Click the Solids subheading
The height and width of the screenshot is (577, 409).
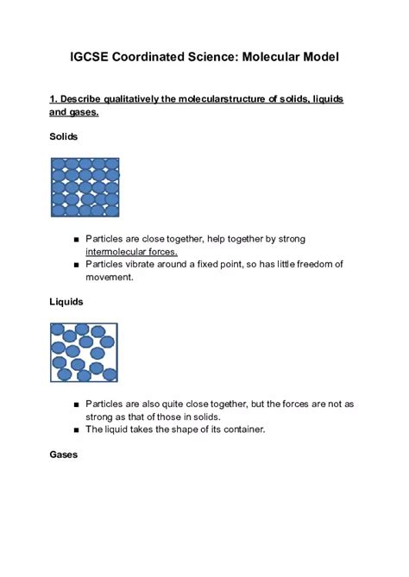point(64,137)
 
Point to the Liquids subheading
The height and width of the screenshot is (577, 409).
point(66,302)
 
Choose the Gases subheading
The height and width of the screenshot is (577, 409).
point(64,455)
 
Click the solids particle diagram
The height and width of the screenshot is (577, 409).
point(85,186)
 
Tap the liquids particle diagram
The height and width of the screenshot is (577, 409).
point(84,353)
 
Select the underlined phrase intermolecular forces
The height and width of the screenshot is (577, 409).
point(131,252)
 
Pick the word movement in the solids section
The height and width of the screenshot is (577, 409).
point(110,277)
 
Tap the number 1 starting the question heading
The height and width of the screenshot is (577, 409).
point(53,99)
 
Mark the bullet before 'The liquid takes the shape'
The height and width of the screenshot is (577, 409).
point(77,430)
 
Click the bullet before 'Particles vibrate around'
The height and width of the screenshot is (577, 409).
point(77,265)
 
